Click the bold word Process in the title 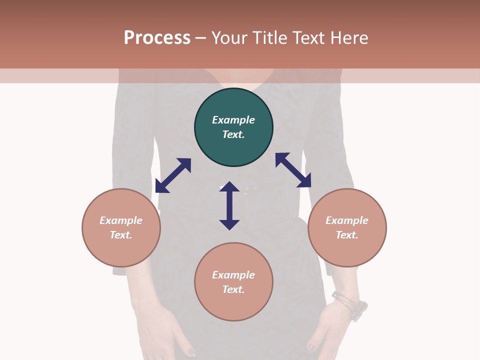[157, 38]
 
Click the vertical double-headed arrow [229, 205]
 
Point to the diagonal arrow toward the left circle [173, 175]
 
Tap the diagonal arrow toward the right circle [293, 170]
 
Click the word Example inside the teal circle [233, 120]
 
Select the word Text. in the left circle [121, 235]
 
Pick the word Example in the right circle [347, 220]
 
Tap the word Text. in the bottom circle [233, 289]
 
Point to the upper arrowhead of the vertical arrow [229, 187]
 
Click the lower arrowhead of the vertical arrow [229, 224]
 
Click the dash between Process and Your [201, 38]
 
